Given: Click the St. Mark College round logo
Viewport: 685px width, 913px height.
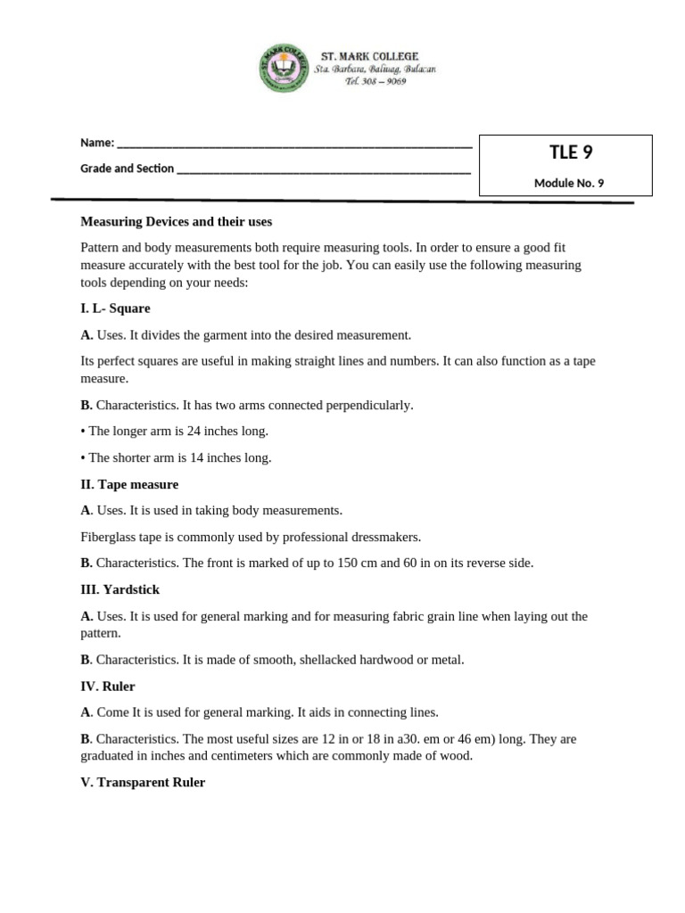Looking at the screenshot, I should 285,68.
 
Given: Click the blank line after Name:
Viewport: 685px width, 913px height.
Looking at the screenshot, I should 294,144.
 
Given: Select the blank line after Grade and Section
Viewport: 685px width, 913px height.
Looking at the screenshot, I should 324,169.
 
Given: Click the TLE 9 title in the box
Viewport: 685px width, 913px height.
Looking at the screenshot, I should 571,152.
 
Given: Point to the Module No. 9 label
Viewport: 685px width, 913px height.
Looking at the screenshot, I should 568,184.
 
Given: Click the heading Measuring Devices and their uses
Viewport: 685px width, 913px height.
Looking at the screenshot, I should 176,221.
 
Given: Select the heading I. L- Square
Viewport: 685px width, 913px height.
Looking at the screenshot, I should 115,308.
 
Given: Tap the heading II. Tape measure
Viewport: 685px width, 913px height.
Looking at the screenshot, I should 129,484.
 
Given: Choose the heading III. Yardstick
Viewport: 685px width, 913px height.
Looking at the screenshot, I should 120,590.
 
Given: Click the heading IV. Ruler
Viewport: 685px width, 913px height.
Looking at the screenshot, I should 108,687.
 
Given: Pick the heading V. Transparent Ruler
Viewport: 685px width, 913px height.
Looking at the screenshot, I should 143,782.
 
